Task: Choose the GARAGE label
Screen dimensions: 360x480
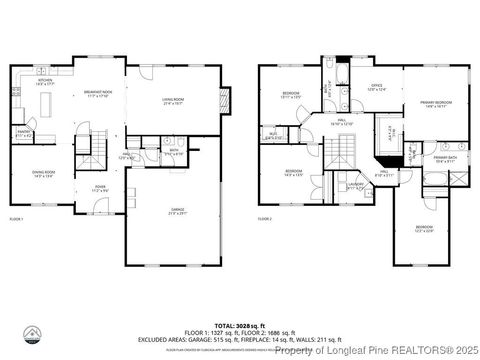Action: (176, 210)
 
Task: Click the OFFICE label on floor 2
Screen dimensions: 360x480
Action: (377, 88)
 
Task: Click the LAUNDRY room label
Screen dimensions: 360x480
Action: (355, 187)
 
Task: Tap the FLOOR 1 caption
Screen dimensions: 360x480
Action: (16, 218)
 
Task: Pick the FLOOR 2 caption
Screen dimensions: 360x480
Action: (264, 218)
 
